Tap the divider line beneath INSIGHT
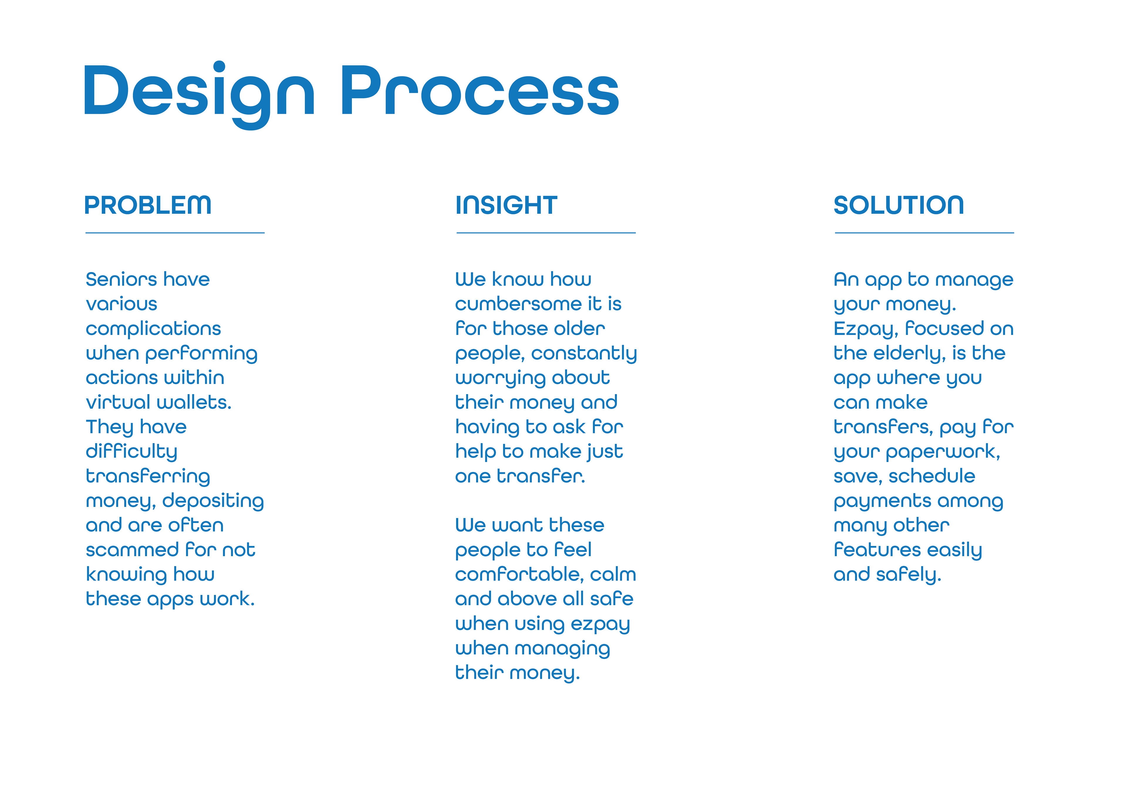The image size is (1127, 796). click(546, 233)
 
